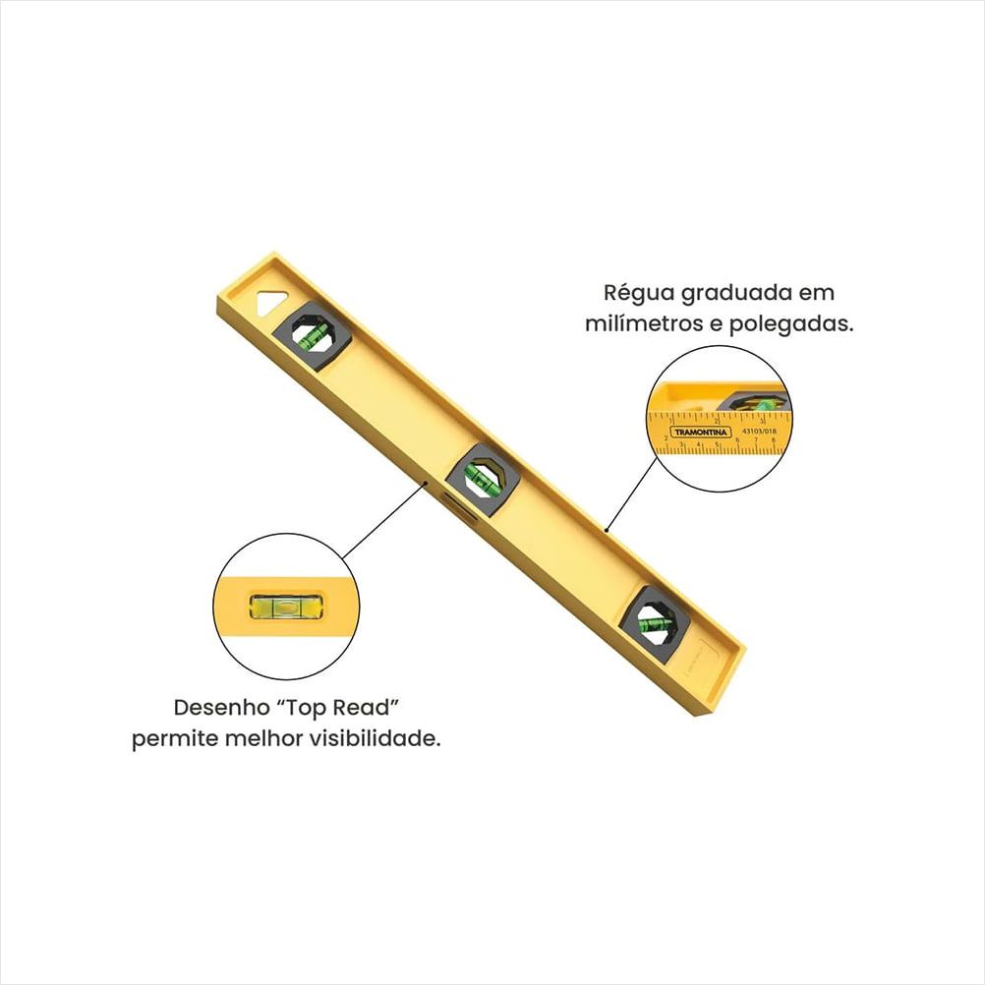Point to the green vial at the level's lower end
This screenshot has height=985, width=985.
pos(650,619)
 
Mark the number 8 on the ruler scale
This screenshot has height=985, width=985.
pos(776,440)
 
